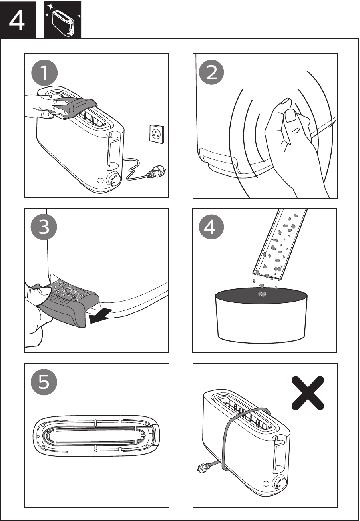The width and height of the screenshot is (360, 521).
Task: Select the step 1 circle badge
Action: [x=44, y=74]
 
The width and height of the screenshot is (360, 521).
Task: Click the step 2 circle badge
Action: [x=212, y=73]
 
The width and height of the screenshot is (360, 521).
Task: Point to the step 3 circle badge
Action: [x=44, y=227]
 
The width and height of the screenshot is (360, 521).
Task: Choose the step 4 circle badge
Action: [x=211, y=227]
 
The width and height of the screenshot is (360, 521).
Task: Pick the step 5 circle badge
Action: [x=44, y=382]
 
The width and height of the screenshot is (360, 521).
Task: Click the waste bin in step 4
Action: [x=261, y=316]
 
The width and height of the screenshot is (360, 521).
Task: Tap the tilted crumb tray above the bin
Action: [x=280, y=244]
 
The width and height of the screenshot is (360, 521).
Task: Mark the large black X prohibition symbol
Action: [x=308, y=393]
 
